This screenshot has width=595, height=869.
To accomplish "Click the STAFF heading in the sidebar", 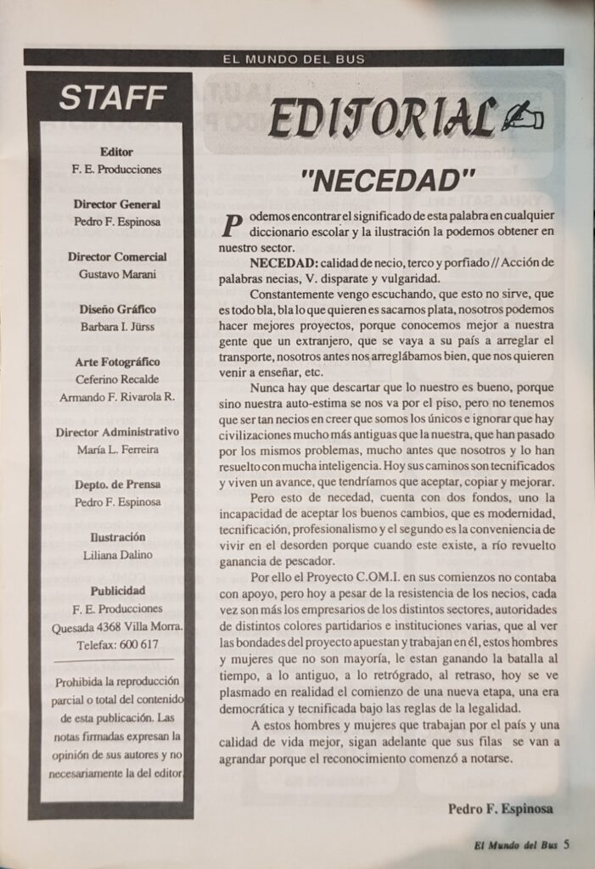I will [x=111, y=98].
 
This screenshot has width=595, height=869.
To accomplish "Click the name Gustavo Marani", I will [x=116, y=273].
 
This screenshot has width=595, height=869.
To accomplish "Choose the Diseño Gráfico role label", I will [x=116, y=310].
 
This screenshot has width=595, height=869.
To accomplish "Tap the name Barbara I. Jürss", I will [x=116, y=327].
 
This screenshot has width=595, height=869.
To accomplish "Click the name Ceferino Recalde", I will [x=116, y=379].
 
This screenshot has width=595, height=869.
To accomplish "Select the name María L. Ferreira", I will [x=116, y=450].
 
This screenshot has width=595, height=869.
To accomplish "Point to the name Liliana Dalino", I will [x=116, y=555].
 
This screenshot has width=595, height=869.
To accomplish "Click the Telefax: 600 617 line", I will [x=116, y=644].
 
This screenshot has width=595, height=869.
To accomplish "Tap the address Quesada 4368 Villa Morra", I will [x=116, y=626].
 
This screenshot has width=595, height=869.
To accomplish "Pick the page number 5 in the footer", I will [x=565, y=844].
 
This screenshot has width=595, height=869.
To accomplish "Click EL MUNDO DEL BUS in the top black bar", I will [x=293, y=59].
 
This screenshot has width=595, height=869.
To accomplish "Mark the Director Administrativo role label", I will [x=116, y=432].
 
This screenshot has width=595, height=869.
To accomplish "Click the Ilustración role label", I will [x=116, y=537].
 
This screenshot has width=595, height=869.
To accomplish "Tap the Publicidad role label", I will [x=116, y=590].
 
